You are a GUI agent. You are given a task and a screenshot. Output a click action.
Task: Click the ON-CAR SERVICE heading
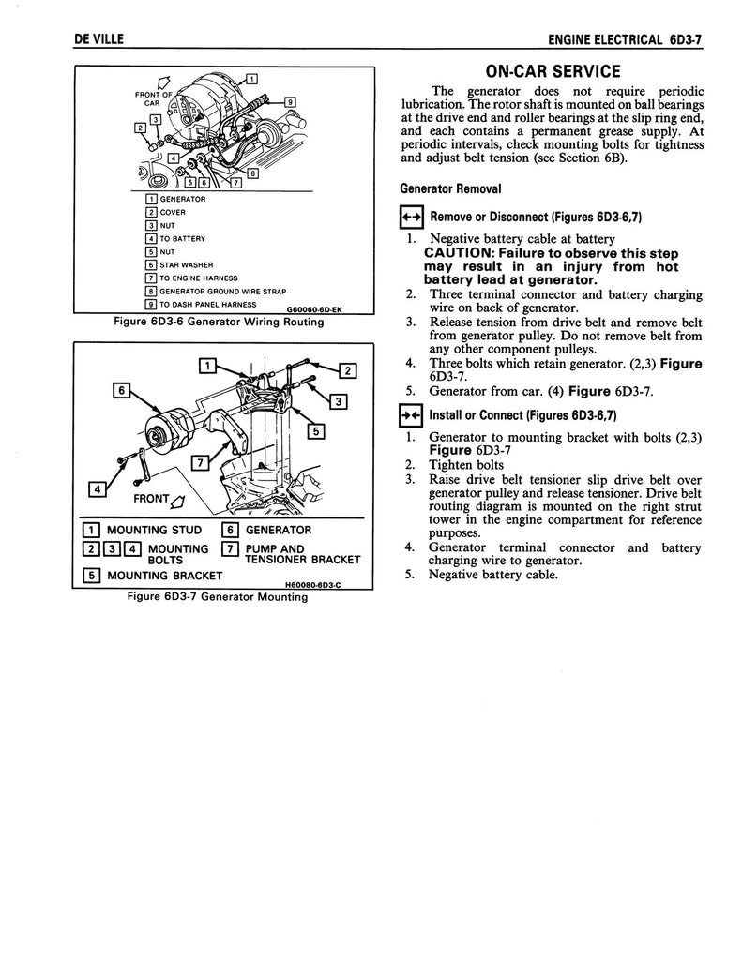[x=552, y=72]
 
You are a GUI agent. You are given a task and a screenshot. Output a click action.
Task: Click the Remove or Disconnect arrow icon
[x=411, y=217]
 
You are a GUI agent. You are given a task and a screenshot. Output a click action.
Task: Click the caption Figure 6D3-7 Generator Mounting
[x=222, y=598]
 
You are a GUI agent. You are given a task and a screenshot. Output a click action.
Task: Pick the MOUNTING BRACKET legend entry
[x=165, y=575]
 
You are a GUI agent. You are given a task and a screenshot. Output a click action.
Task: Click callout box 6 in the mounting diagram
[x=120, y=389]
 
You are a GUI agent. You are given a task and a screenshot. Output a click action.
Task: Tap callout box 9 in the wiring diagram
[x=291, y=102]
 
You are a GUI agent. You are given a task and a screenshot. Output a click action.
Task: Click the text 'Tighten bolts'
[x=465, y=465]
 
